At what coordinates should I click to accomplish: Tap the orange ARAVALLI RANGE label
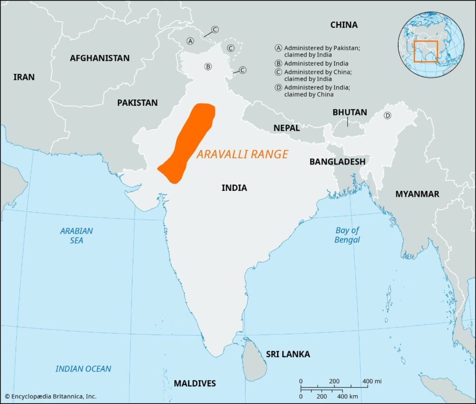(242, 155)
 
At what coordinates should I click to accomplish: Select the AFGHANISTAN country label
(99, 58)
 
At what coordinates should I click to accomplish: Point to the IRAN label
(24, 77)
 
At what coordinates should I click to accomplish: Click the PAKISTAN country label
(137, 103)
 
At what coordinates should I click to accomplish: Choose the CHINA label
(344, 25)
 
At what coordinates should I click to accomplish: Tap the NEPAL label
(286, 128)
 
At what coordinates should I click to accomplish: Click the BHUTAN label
(350, 112)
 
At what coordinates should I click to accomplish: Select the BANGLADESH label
(337, 162)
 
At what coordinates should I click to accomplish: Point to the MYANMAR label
(417, 194)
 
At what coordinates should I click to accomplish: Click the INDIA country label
(234, 188)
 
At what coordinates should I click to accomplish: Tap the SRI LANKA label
(288, 354)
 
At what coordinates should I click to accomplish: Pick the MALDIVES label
(195, 383)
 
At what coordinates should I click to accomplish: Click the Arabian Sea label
(77, 235)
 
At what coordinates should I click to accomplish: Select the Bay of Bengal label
(347, 235)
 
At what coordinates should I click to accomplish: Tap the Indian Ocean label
(83, 369)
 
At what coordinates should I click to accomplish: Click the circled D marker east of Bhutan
(387, 116)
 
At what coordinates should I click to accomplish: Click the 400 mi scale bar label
(372, 381)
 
